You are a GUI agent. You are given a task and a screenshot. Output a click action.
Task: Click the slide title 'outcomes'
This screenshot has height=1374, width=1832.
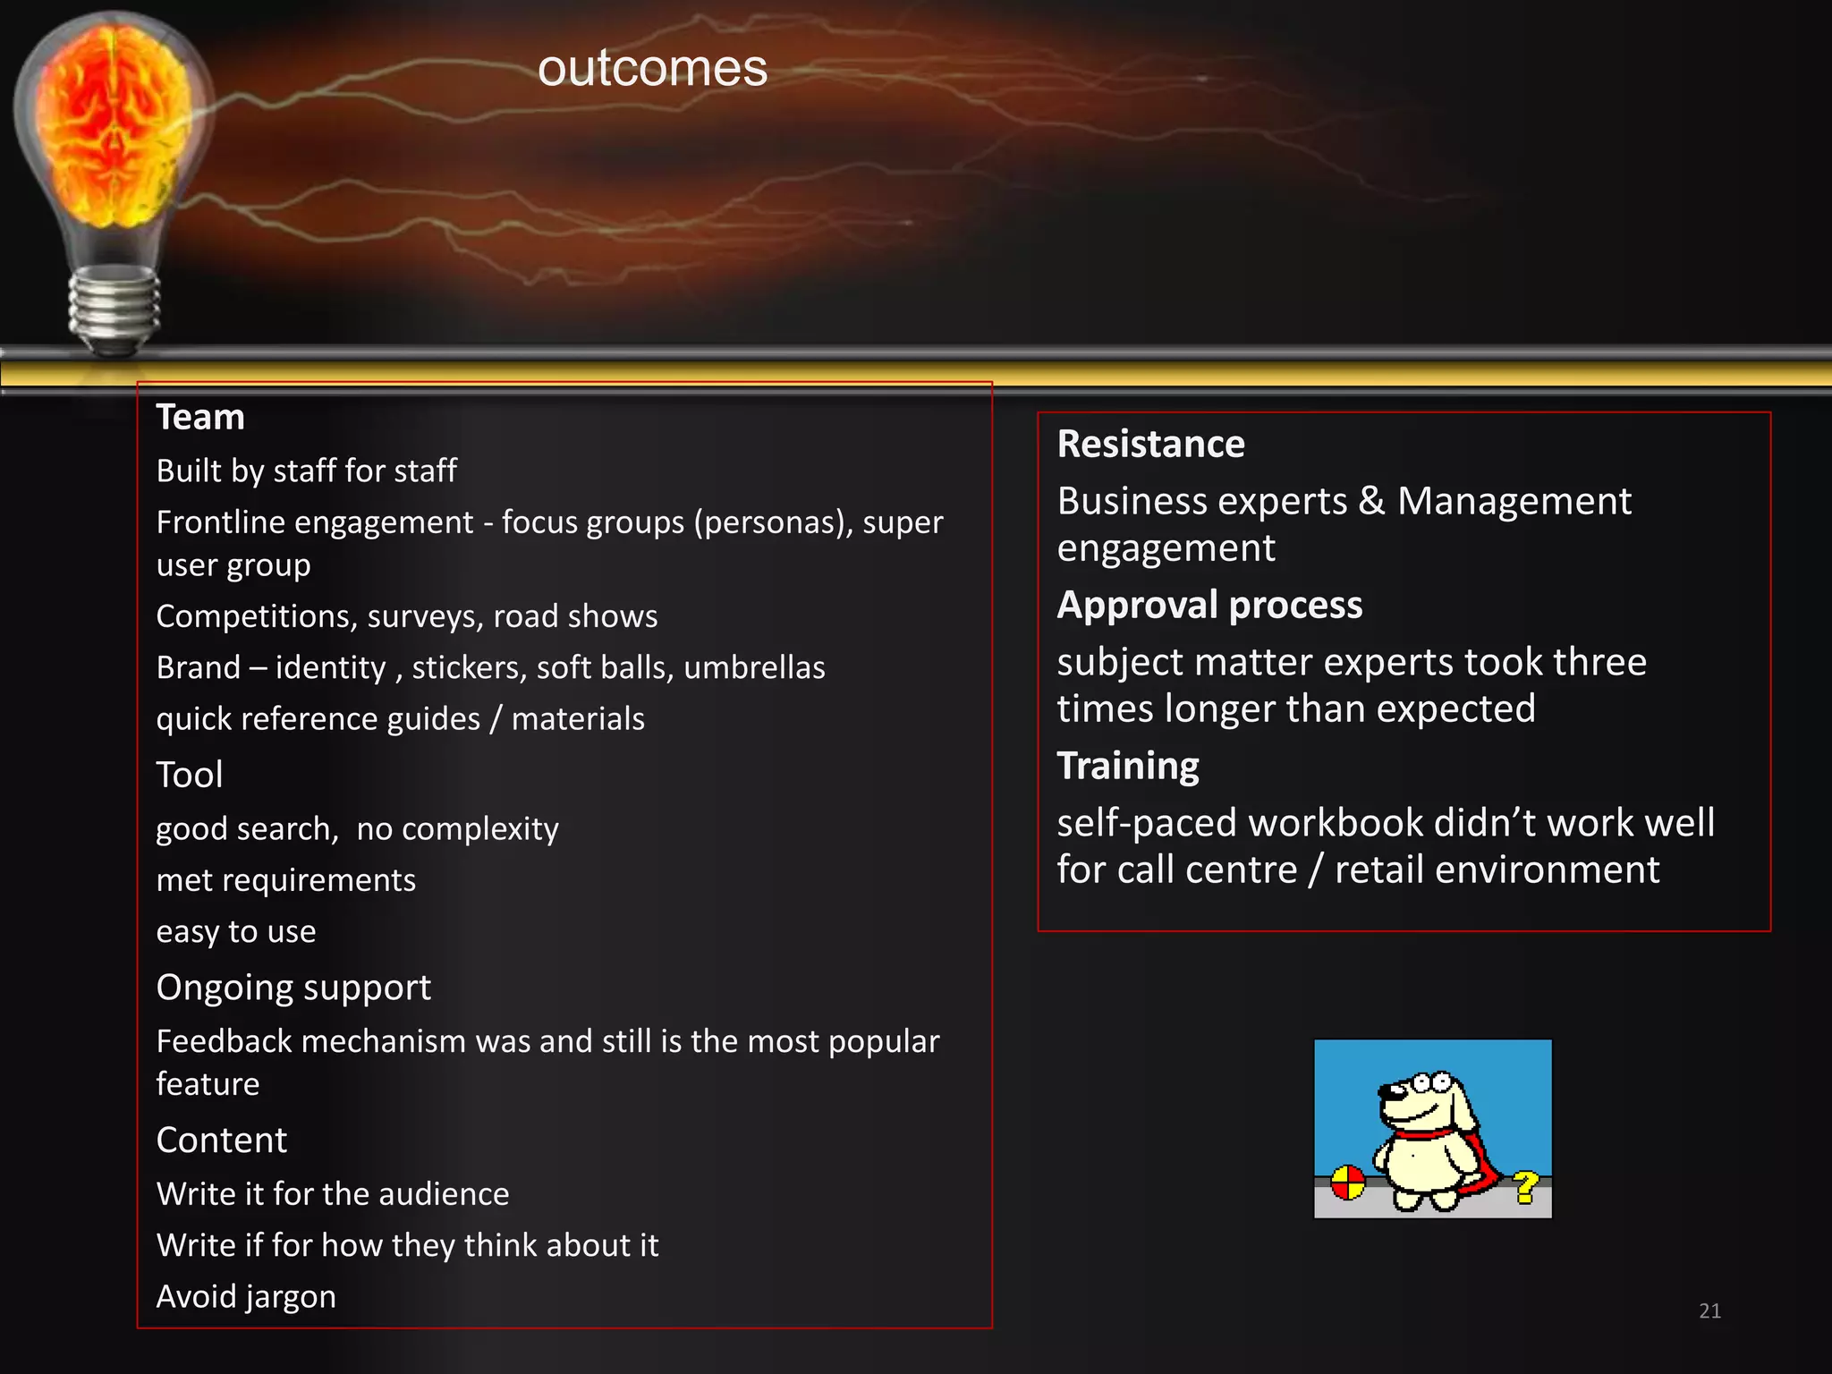(x=652, y=69)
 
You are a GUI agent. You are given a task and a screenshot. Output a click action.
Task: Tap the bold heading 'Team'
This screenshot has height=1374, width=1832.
(x=200, y=418)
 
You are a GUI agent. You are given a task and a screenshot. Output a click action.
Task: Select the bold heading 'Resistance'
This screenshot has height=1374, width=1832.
(x=1150, y=445)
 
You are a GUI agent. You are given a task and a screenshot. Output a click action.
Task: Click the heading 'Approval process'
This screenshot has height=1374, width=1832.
(x=1209, y=606)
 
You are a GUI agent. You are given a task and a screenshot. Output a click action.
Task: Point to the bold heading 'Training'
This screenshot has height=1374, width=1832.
(x=1128, y=767)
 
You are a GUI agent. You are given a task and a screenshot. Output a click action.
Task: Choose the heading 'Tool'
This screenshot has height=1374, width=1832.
(x=190, y=775)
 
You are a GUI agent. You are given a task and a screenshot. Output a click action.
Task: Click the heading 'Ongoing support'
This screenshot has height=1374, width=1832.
(x=293, y=988)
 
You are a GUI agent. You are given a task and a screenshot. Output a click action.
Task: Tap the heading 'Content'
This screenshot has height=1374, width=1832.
(x=222, y=1141)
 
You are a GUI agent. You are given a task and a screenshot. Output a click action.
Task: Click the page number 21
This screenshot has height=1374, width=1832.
(x=1709, y=1311)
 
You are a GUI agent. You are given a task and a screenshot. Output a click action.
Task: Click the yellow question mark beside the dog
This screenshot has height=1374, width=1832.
(x=1526, y=1187)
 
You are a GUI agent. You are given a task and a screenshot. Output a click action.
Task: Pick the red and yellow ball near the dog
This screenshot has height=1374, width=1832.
(x=1347, y=1183)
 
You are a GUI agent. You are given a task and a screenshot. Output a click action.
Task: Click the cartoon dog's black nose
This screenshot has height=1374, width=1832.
(x=1386, y=1090)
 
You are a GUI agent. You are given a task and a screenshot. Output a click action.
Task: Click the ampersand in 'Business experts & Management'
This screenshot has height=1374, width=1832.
(x=1371, y=501)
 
